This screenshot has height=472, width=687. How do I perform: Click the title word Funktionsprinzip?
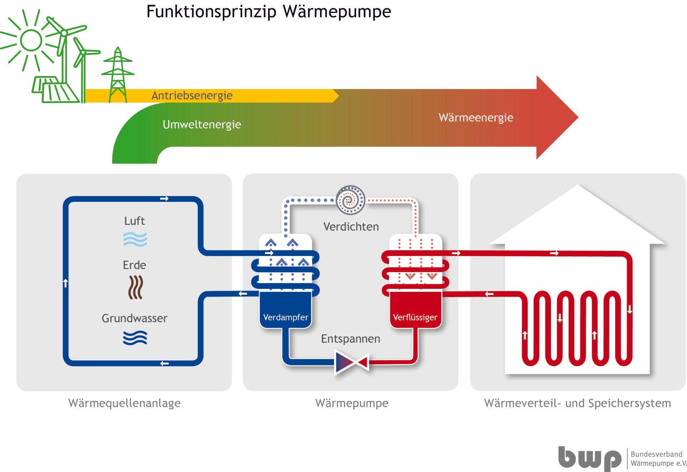[211, 11]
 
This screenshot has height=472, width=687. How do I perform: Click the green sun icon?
[31, 40]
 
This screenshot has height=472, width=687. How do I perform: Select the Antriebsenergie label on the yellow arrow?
[192, 96]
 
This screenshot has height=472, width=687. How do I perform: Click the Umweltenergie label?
[202, 125]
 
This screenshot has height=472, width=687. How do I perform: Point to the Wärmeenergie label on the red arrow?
[476, 117]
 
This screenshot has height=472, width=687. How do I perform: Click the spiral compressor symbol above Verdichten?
[350, 200]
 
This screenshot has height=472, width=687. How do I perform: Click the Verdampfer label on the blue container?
[286, 317]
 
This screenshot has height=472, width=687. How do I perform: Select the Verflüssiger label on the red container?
[415, 317]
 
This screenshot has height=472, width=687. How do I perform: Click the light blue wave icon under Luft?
[135, 239]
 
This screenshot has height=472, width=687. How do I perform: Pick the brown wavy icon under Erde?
[135, 287]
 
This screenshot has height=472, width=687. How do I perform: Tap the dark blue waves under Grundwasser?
[135, 337]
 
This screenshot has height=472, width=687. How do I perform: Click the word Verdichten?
[351, 227]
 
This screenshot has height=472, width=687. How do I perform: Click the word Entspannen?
[350, 339]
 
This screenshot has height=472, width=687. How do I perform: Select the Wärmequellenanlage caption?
[124, 403]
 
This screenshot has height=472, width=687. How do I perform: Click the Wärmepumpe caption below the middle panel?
[351, 403]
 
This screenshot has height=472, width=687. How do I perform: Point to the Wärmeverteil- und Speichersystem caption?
[577, 403]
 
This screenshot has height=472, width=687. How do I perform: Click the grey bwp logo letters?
[589, 458]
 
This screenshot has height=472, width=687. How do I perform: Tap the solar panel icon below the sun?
[55, 89]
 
